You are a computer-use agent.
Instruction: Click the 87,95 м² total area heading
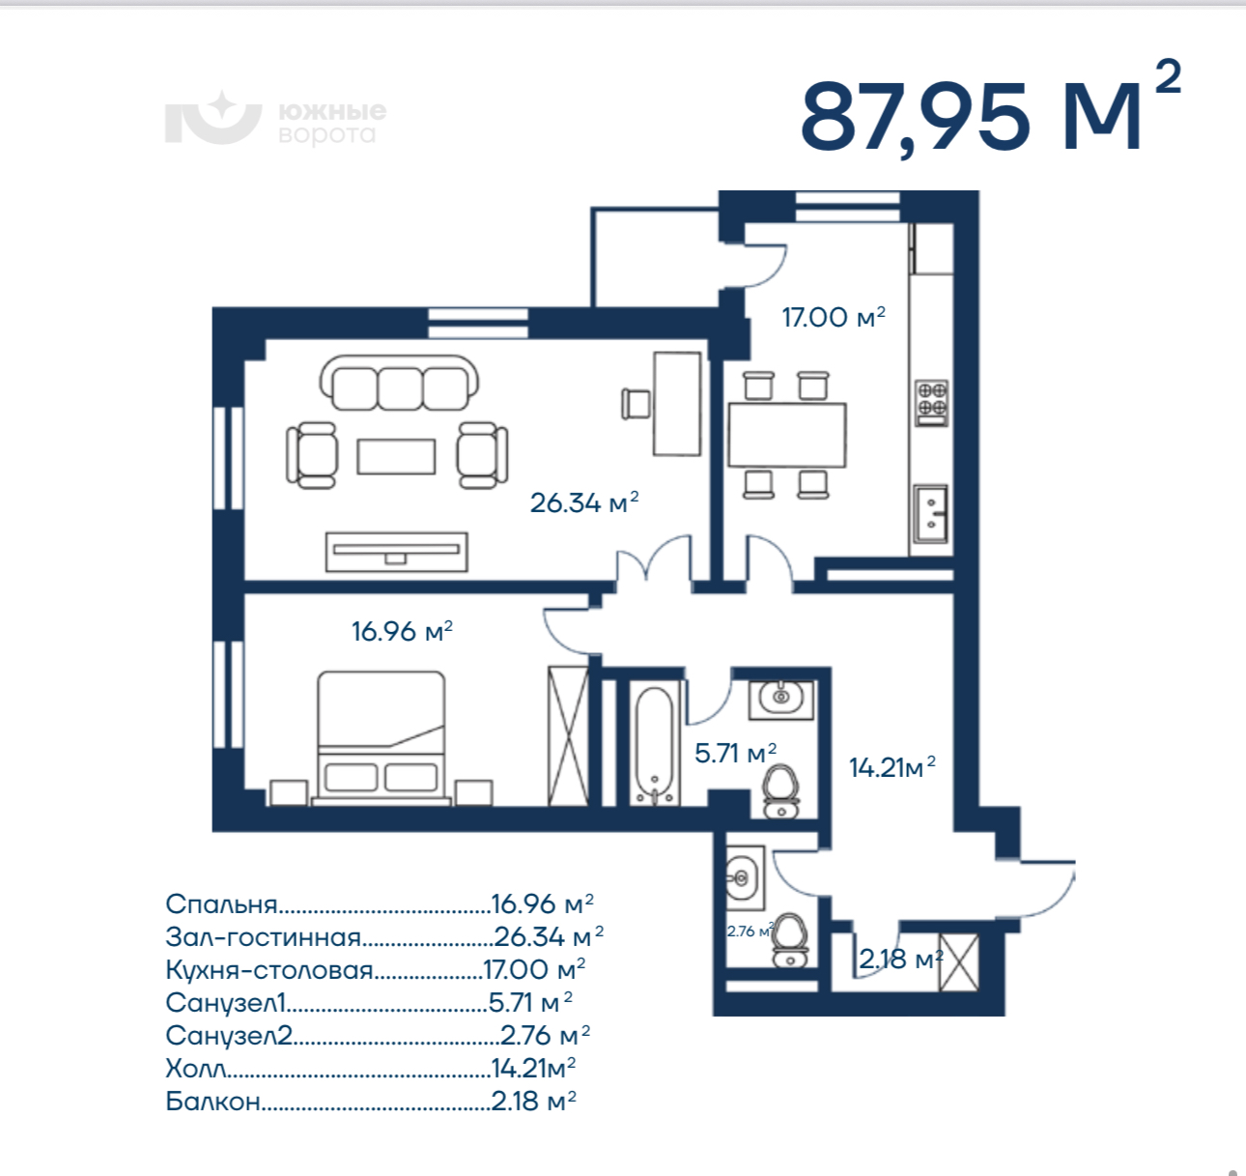[990, 116]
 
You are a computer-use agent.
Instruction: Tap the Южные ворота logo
[275, 118]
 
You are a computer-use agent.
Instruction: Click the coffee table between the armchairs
[396, 456]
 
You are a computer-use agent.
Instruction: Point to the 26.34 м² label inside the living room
[584, 502]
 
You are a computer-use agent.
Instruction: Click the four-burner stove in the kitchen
[932, 402]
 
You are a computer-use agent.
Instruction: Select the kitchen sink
[930, 513]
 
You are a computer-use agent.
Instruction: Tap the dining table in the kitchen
[787, 435]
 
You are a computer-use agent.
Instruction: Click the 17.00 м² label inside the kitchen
[834, 317]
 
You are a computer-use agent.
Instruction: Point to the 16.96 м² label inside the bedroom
[402, 631]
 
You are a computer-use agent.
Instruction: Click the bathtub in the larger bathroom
[654, 746]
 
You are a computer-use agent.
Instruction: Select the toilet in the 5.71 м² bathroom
[781, 791]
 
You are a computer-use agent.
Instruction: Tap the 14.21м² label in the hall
[892, 767]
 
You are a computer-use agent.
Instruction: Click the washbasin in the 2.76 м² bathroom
[744, 877]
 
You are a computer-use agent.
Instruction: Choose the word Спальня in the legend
[221, 904]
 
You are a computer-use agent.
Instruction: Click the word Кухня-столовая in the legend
[269, 970]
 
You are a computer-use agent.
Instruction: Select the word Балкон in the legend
[212, 1102]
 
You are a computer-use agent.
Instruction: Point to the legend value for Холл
[533, 1068]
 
